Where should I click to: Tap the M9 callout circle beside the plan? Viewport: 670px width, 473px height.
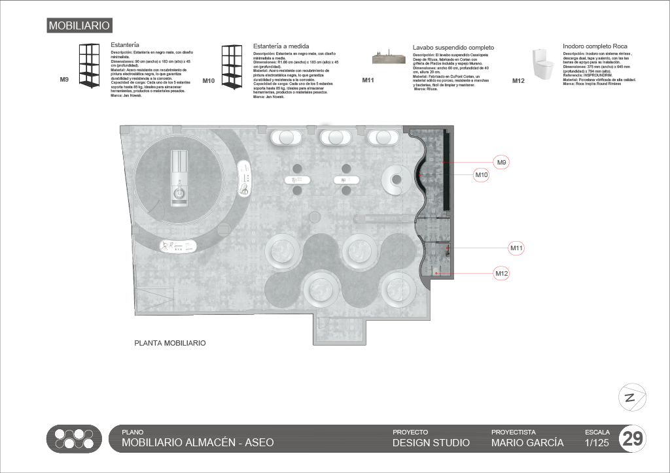click(502, 162)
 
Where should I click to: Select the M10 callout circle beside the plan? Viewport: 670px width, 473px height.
click(482, 175)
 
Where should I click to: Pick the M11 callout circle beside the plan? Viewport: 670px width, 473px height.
click(517, 248)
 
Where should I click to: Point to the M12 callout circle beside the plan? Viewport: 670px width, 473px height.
click(502, 273)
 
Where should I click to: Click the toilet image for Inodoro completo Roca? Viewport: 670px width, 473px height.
click(540, 64)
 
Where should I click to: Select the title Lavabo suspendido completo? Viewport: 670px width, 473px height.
click(453, 48)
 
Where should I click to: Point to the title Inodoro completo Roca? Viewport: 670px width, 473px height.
click(595, 46)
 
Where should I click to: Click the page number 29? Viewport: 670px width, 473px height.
click(633, 439)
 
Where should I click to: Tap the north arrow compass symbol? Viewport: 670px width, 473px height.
click(632, 398)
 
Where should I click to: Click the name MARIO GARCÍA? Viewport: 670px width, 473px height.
click(527, 443)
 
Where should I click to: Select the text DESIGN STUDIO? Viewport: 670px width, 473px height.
click(431, 443)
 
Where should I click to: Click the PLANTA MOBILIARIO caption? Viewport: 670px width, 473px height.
click(170, 342)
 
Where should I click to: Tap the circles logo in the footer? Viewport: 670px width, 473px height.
click(75, 439)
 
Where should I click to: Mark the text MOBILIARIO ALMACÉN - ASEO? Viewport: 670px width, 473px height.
click(198, 443)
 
